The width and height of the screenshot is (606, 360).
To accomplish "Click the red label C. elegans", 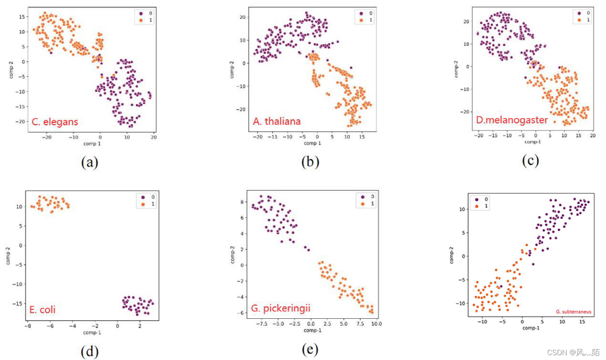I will tap(55, 122).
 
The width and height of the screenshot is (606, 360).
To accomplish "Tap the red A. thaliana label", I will tap(277, 121).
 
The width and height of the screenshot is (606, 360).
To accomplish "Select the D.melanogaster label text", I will tap(512, 120).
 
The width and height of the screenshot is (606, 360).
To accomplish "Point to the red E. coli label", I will tap(42, 310).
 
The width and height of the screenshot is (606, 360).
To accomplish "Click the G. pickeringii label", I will tap(281, 308).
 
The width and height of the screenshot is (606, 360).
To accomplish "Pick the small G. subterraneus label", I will tap(573, 312).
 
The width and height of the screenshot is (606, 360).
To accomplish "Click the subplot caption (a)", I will tap(90, 162).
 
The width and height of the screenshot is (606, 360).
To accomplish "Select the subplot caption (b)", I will tap(310, 162).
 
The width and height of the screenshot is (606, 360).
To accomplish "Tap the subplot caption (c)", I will tap(530, 161).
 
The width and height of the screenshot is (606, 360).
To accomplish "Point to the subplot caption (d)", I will tap(90, 352).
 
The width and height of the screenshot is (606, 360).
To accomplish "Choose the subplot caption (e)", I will tap(310, 350).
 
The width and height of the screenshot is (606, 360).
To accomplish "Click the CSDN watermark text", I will tap(573, 352).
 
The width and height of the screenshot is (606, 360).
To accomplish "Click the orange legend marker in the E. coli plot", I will tap(143, 204).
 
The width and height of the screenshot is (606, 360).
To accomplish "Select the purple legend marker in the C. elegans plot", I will tap(141, 14).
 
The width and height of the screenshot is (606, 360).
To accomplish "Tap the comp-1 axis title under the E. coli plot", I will tap(92, 332).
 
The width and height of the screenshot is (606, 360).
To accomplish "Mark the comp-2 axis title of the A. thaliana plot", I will tap(232, 69).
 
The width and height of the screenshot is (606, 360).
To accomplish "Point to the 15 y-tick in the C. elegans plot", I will tap(22, 17).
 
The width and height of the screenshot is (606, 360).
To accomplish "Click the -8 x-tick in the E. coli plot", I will tap(28, 326).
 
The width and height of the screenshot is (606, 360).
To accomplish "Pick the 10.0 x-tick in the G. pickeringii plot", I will tap(376, 324).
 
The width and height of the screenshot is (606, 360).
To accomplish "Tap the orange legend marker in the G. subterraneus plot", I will tap(477, 206).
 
